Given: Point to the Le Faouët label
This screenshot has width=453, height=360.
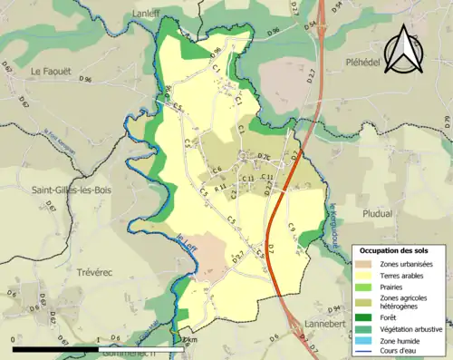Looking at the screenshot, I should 50,72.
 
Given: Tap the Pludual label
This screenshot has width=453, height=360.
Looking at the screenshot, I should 377,214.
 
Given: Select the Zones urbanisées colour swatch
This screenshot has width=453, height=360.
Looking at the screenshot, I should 365,264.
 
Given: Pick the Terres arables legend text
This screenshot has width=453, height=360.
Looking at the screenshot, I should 403,277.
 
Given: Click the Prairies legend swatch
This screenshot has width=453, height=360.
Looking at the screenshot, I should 365,288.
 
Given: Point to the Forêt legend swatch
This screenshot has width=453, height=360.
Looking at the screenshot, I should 365,317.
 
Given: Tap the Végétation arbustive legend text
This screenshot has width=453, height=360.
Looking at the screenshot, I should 410,328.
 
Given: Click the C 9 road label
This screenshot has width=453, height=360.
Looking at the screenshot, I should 292,228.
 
